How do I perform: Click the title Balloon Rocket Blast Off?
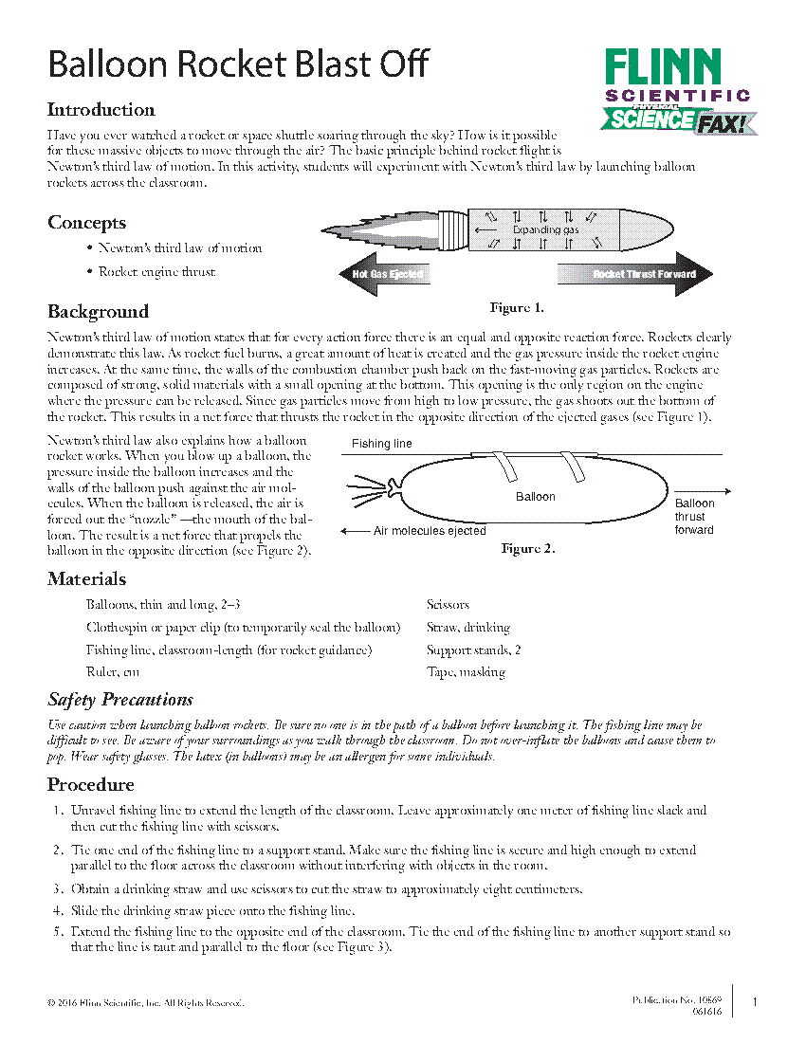[x=238, y=65]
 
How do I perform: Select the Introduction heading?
[x=101, y=110]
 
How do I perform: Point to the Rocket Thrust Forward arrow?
[x=636, y=274]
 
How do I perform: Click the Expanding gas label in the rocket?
[x=545, y=230]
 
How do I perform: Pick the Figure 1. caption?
[x=516, y=308]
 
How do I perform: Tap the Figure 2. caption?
[x=527, y=549]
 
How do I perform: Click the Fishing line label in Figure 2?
[x=381, y=444]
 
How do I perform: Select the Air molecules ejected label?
[x=429, y=531]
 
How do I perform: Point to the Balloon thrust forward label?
[x=694, y=517]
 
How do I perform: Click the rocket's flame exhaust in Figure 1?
[x=379, y=229]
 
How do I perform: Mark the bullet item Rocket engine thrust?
[x=156, y=272]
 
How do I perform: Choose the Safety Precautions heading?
[x=120, y=700]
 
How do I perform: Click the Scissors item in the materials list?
[x=448, y=604]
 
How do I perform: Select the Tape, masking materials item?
[x=466, y=672]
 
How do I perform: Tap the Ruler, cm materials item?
[x=113, y=672]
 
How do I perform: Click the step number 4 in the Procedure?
[x=59, y=911]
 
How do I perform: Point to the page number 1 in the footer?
[x=755, y=1002]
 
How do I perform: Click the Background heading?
[x=98, y=312]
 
